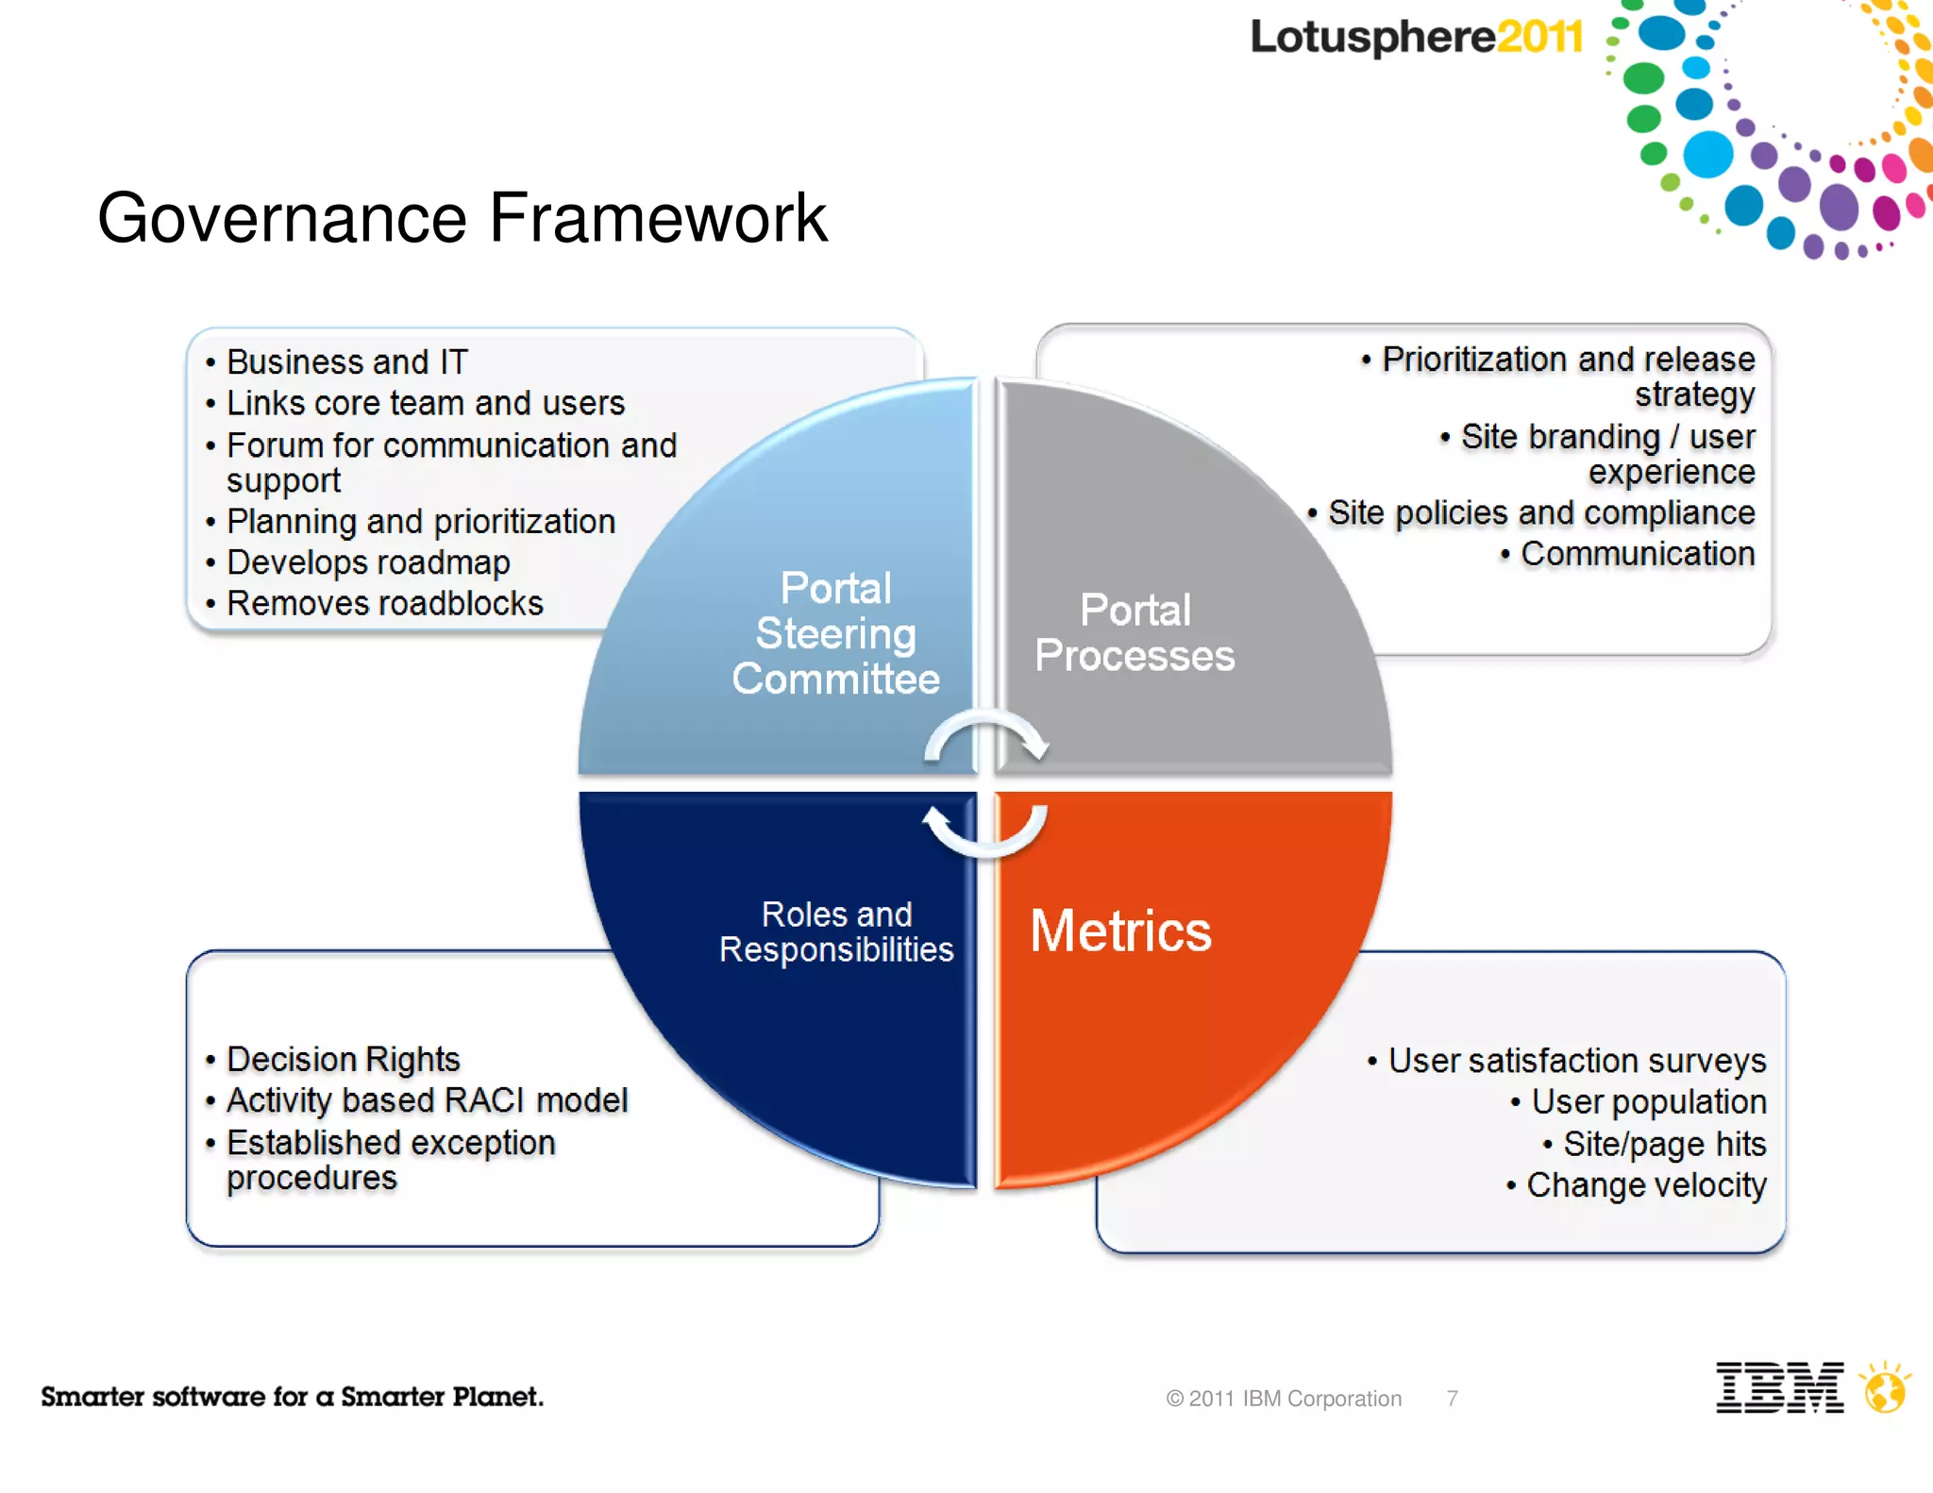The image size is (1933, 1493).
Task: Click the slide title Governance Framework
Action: (x=462, y=219)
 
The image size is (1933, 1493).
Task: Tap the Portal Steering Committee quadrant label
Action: (x=835, y=633)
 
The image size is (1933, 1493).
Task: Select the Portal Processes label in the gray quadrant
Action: (x=1135, y=633)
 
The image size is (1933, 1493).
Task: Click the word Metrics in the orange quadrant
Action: (x=1120, y=931)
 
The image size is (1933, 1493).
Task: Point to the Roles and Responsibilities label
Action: (x=836, y=931)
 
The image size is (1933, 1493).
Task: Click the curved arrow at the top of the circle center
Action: (x=985, y=736)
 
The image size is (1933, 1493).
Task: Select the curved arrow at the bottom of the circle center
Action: (x=985, y=830)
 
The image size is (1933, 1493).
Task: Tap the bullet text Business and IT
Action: (x=346, y=361)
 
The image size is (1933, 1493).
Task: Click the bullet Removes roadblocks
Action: (x=384, y=603)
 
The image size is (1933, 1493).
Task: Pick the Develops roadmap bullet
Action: (x=368, y=562)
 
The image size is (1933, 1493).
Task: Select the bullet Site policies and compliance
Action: (x=1540, y=513)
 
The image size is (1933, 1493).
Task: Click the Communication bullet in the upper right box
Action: (x=1637, y=554)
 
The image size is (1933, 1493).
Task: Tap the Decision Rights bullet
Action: (x=343, y=1059)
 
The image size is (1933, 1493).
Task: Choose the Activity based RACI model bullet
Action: (x=427, y=1100)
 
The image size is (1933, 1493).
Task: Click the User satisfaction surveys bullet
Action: (x=1576, y=1061)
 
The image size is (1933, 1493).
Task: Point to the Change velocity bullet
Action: (x=1645, y=1185)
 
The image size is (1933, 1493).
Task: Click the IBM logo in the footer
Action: (x=1779, y=1387)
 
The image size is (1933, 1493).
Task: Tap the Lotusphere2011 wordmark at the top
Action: (x=1416, y=38)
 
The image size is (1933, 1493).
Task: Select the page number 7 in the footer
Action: (x=1453, y=1399)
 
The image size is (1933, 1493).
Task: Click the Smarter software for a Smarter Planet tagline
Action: (x=292, y=1397)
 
